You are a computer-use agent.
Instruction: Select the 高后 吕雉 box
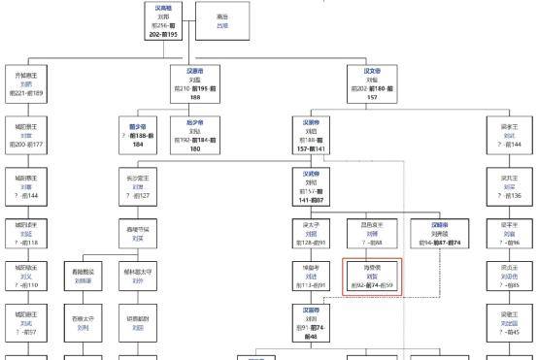(x=222, y=20)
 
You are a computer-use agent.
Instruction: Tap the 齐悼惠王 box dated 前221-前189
(x=27, y=83)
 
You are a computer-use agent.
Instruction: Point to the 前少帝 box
(x=138, y=135)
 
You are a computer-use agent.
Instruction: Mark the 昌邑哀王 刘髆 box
(x=372, y=235)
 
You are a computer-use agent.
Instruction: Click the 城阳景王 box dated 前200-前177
(x=27, y=135)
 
